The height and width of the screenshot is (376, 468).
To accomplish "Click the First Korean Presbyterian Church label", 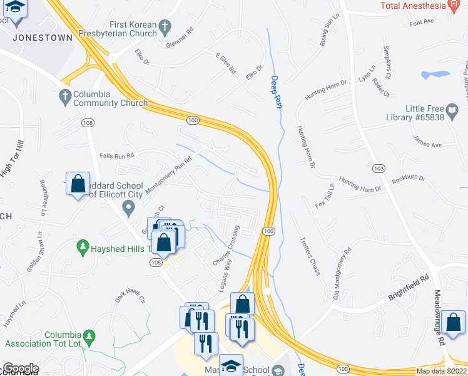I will click(x=121, y=28).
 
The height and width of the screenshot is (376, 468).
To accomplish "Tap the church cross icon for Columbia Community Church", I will click(x=64, y=96).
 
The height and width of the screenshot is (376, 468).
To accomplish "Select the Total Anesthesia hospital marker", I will click(x=455, y=6).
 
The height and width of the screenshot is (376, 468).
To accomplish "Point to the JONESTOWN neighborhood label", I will click(x=43, y=37).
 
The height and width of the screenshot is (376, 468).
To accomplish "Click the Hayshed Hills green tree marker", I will click(x=81, y=248).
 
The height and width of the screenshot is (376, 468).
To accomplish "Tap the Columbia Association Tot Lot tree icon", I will click(x=90, y=338).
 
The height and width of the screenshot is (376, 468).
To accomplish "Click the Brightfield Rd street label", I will click(x=407, y=286).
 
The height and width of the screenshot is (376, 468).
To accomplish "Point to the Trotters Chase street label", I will click(x=310, y=254).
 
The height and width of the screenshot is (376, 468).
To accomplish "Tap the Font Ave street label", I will click(x=421, y=22).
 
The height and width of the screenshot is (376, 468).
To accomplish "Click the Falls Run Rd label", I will click(x=117, y=155).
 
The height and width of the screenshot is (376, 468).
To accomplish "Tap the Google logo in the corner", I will click(x=20, y=368).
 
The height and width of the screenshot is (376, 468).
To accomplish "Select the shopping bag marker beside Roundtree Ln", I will click(x=78, y=184).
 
